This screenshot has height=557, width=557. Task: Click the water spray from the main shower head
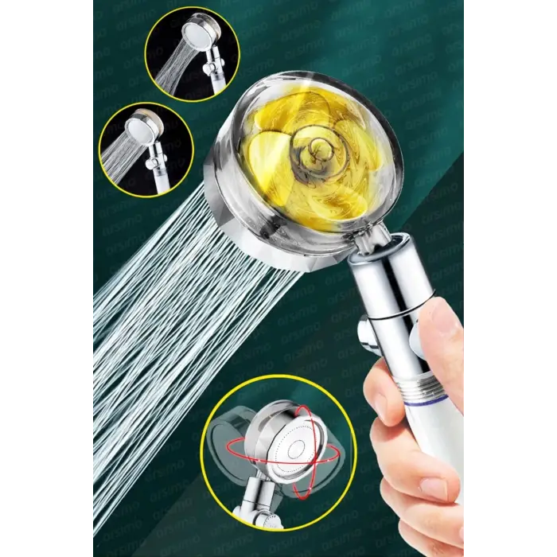click(175, 318)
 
